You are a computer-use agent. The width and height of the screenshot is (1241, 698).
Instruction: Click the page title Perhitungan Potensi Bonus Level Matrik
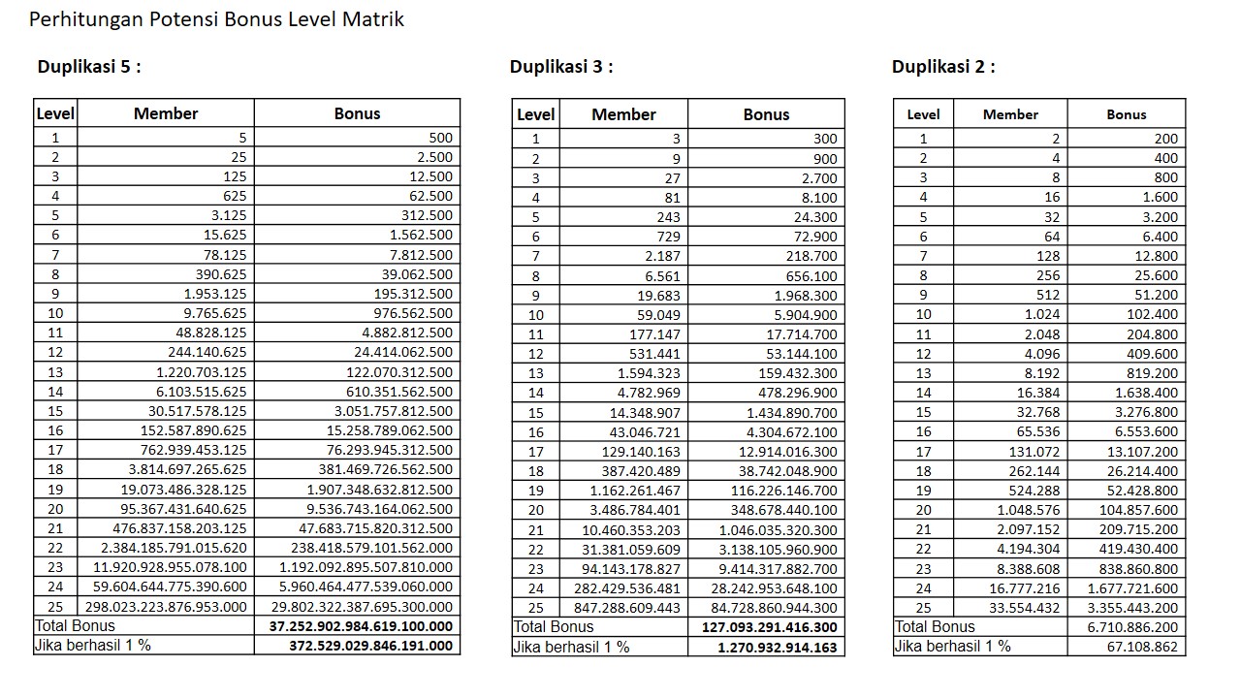coord(216,19)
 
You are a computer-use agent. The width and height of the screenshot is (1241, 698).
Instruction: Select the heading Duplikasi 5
coord(89,67)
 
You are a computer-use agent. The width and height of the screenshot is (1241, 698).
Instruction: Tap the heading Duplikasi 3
coord(561,67)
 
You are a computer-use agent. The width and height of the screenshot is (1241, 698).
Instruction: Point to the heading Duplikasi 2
coord(943,67)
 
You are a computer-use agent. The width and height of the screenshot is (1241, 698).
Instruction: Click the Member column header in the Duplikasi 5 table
coord(166,113)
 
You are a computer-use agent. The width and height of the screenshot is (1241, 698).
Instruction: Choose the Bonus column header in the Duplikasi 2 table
coord(1126,114)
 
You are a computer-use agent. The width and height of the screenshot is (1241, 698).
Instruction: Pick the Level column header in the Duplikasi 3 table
coord(536,114)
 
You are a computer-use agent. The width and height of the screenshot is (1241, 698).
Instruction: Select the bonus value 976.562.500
coord(413,313)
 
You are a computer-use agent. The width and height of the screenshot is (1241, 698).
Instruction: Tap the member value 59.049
coord(658,315)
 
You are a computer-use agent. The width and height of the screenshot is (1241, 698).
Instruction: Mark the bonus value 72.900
coord(813,237)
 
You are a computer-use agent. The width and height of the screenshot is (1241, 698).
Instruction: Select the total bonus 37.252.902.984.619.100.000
coord(361,627)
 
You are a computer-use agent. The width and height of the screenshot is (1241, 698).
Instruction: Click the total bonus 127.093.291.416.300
coord(771,627)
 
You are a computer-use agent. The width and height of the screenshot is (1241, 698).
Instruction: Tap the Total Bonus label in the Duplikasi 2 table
coord(935,627)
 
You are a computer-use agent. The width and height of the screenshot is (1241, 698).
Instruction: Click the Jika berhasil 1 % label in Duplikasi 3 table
coord(571,647)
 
